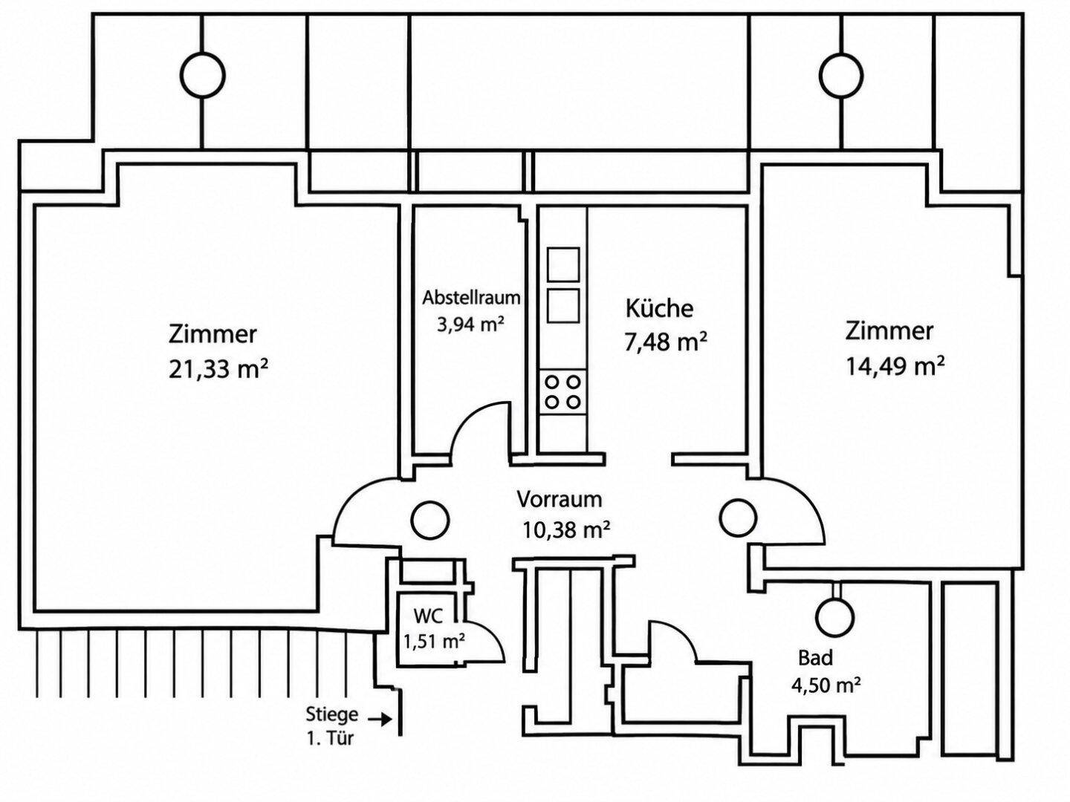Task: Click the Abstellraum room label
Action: pyautogui.click(x=471, y=298)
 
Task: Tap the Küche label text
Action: pyautogui.click(x=659, y=309)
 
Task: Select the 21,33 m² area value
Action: pyautogui.click(x=218, y=369)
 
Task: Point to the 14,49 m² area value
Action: pyautogui.click(x=895, y=366)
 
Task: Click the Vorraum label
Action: pyautogui.click(x=559, y=500)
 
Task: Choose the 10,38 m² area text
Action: pyautogui.click(x=566, y=529)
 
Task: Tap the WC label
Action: pyautogui.click(x=428, y=616)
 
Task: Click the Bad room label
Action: pyautogui.click(x=815, y=658)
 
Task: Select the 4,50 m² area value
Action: pyautogui.click(x=826, y=685)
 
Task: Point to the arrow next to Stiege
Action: pyautogui.click(x=380, y=719)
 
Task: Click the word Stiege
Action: pyautogui.click(x=332, y=715)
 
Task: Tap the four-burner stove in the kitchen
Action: pyautogui.click(x=562, y=392)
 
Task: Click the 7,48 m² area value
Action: pyautogui.click(x=666, y=342)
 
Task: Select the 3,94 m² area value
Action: pyautogui.click(x=470, y=325)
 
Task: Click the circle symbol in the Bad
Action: pyautogui.click(x=835, y=616)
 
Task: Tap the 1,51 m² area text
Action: pyautogui.click(x=433, y=642)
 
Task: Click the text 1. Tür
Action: pyautogui.click(x=330, y=739)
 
